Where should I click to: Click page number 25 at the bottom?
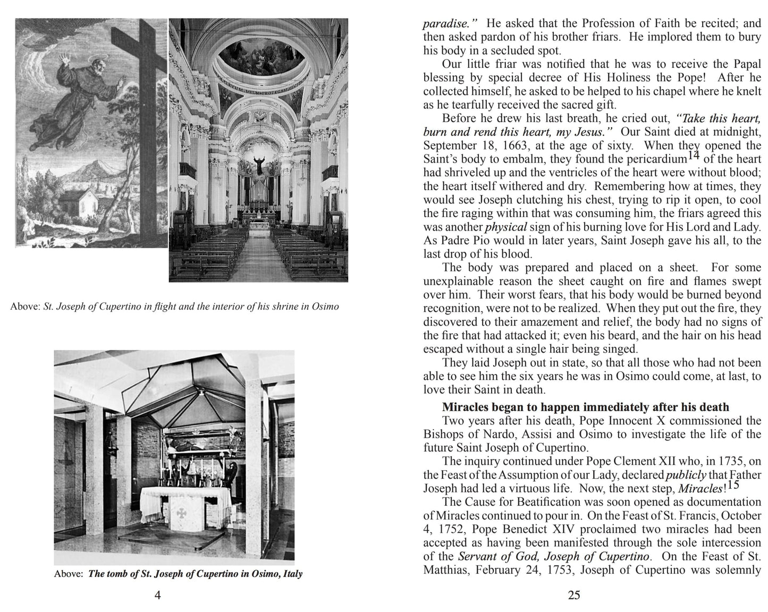click(x=574, y=595)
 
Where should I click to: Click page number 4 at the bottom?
click(x=157, y=595)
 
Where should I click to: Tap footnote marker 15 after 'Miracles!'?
click(x=733, y=484)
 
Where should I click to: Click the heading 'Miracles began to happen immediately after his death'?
click(x=585, y=407)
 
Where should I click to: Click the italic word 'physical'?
click(x=506, y=227)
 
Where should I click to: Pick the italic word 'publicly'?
click(x=683, y=475)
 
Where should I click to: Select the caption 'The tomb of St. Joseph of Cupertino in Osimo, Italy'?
click(x=195, y=574)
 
